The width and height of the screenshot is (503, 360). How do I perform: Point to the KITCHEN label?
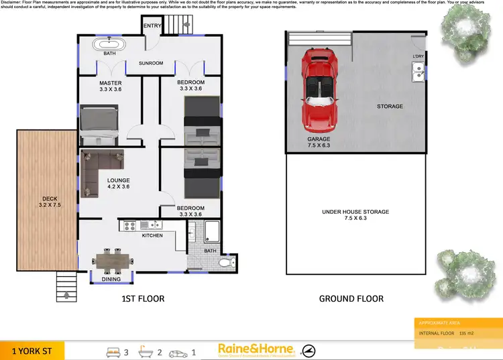pyautogui.click(x=152, y=235)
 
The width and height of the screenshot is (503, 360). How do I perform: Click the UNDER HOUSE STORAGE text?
pyautogui.click(x=355, y=212)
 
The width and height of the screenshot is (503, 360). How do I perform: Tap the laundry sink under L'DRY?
pyautogui.click(x=418, y=70)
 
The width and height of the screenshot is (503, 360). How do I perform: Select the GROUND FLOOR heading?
pyautogui.click(x=351, y=298)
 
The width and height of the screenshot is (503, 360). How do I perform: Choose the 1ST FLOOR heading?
pyautogui.click(x=142, y=298)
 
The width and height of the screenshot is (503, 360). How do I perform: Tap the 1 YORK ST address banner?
pyautogui.click(x=32, y=350)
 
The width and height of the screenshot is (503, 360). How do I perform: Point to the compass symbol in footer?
pyautogui.click(x=309, y=350)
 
